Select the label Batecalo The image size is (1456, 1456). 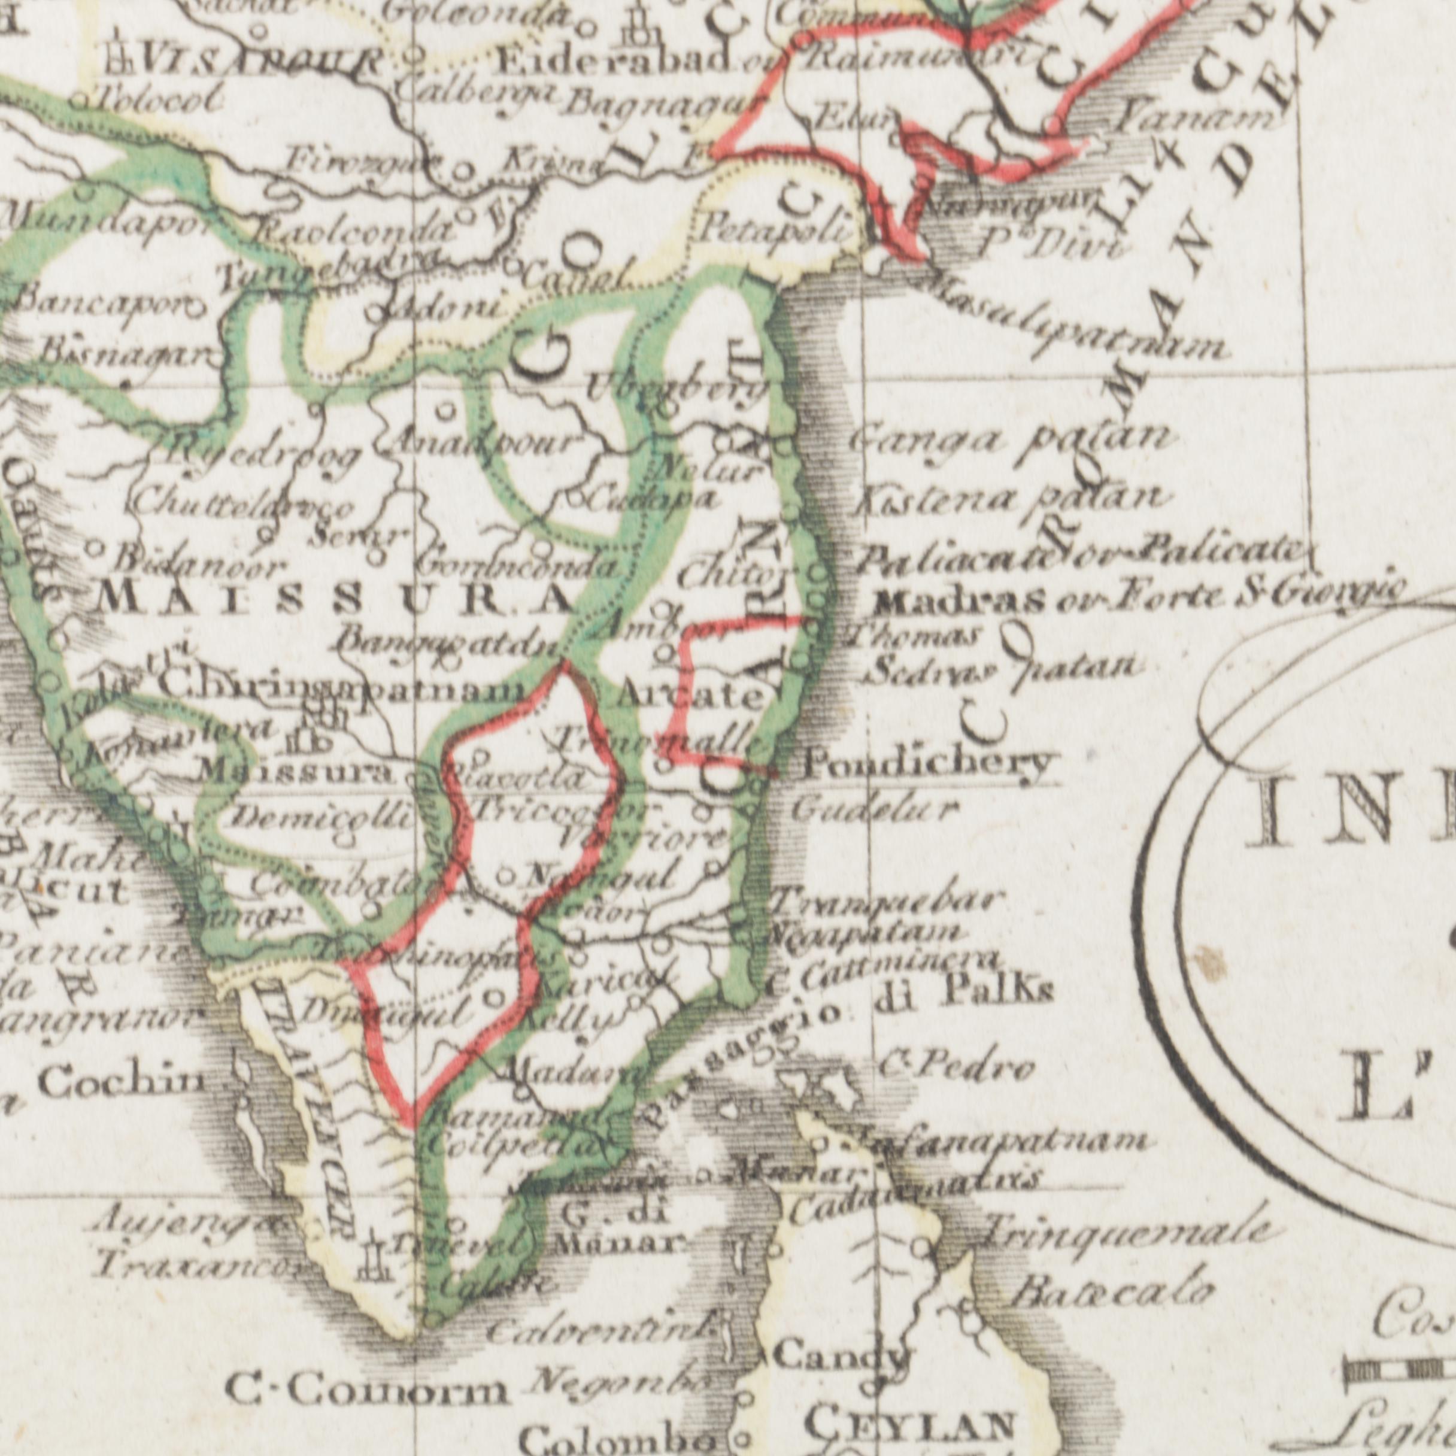(x=1112, y=1293)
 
